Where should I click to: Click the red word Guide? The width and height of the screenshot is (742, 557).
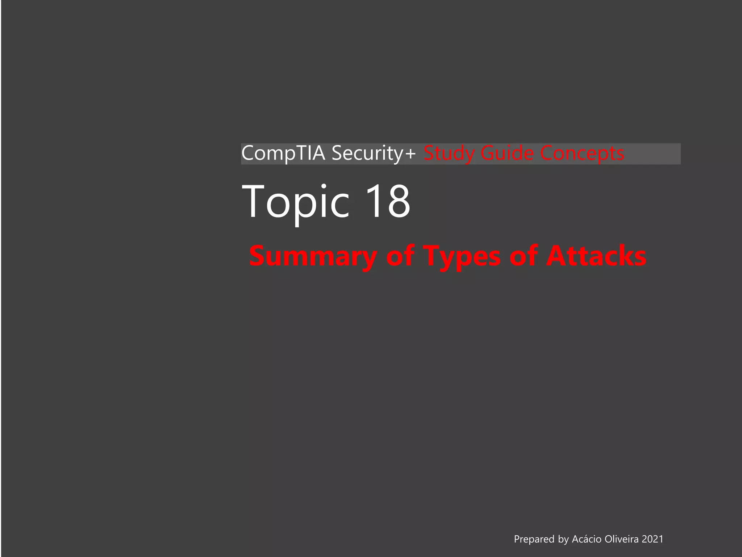click(x=507, y=153)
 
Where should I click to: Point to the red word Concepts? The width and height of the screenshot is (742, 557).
click(x=582, y=153)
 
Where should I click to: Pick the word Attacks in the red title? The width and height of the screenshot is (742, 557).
click(x=596, y=256)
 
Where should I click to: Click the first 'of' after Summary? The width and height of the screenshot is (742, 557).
click(x=400, y=256)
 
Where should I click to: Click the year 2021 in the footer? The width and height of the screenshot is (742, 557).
click(x=653, y=539)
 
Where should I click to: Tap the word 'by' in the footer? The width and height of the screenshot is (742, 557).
click(x=563, y=539)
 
